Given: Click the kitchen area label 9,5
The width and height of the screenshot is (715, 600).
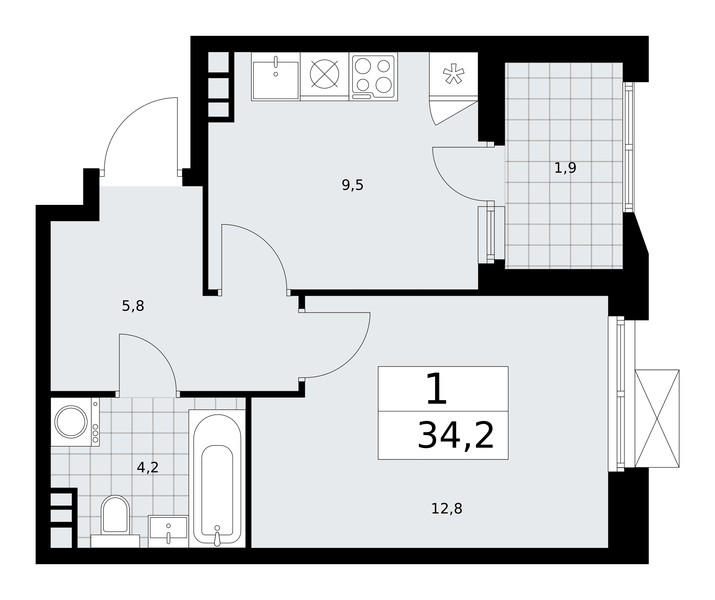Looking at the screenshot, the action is pyautogui.click(x=352, y=185).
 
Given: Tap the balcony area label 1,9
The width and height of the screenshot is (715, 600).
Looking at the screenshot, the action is pyautogui.click(x=565, y=168).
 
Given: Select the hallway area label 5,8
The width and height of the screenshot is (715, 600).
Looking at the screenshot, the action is pyautogui.click(x=133, y=306).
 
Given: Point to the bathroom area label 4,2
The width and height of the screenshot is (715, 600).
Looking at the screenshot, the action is pyautogui.click(x=148, y=467).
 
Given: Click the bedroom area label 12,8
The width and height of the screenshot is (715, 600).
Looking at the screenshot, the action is pyautogui.click(x=447, y=509).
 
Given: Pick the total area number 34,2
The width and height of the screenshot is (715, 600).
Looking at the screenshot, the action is pyautogui.click(x=456, y=436).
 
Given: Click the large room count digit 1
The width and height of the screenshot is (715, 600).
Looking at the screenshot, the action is pyautogui.click(x=436, y=389).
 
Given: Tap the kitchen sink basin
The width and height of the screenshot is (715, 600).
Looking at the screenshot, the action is pyautogui.click(x=276, y=80).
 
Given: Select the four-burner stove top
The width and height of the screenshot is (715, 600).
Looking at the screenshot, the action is pyautogui.click(x=373, y=77).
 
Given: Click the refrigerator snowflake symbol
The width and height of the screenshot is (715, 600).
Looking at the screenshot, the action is pyautogui.click(x=454, y=74).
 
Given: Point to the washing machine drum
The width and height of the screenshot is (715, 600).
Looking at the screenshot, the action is pyautogui.click(x=71, y=422).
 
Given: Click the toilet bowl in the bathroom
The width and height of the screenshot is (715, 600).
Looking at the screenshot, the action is pyautogui.click(x=115, y=514).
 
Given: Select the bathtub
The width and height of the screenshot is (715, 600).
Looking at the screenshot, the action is pyautogui.click(x=217, y=478).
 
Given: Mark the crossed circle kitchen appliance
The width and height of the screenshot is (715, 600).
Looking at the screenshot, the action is pyautogui.click(x=324, y=74).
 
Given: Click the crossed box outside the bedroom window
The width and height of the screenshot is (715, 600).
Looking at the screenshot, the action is pyautogui.click(x=657, y=418).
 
